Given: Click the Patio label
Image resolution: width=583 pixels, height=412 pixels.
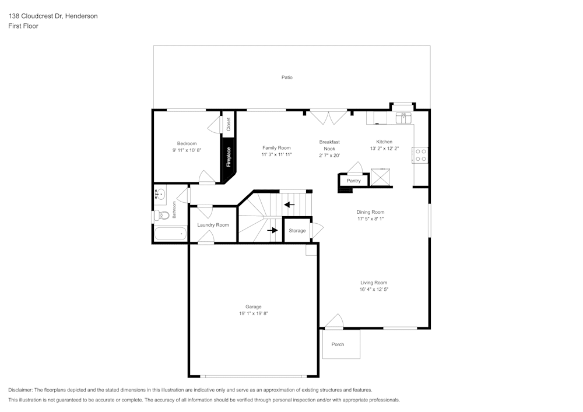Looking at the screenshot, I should (287, 77).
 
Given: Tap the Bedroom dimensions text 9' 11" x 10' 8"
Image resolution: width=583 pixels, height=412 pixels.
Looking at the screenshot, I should (187, 150).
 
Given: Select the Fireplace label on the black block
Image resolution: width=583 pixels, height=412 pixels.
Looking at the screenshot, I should (229, 157).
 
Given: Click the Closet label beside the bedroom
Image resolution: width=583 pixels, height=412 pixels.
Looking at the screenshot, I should (229, 124).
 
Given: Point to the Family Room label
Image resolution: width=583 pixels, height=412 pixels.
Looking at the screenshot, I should (276, 148).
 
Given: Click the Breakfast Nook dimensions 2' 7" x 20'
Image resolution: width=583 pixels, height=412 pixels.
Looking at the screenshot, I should (329, 156).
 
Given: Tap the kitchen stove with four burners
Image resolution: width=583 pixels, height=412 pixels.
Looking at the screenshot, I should (420, 155).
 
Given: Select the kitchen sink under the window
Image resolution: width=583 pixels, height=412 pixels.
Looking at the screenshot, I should (402, 118).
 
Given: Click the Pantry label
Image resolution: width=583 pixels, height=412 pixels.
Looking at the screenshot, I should (354, 181).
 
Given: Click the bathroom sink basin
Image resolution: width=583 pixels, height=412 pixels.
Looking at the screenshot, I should (160, 195).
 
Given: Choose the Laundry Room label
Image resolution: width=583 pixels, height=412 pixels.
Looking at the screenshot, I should (213, 225).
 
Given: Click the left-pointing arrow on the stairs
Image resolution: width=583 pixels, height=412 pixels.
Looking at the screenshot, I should (289, 205).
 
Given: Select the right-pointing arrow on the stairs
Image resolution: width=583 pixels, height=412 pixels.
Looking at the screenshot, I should (272, 230).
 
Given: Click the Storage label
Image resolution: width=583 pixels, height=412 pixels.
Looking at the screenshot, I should (297, 231).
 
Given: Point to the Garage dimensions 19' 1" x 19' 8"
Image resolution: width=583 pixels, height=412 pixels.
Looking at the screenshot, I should (253, 314).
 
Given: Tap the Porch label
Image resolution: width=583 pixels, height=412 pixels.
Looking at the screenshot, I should (338, 344).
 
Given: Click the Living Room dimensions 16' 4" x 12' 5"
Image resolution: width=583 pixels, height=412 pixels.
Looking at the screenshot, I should (374, 289).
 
